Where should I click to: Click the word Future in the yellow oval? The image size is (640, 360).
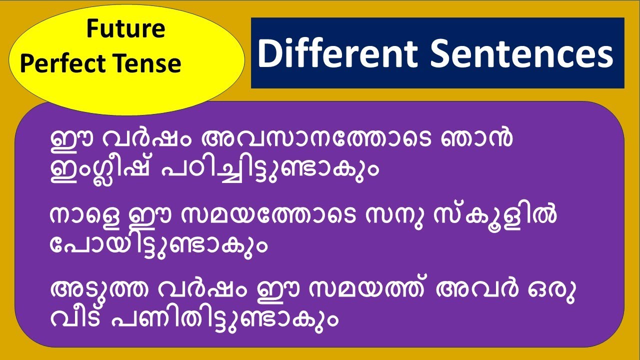(x=125, y=29)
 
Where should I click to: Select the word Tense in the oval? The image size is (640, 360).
(x=151, y=64)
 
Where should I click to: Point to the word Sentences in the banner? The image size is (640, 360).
(x=521, y=53)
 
